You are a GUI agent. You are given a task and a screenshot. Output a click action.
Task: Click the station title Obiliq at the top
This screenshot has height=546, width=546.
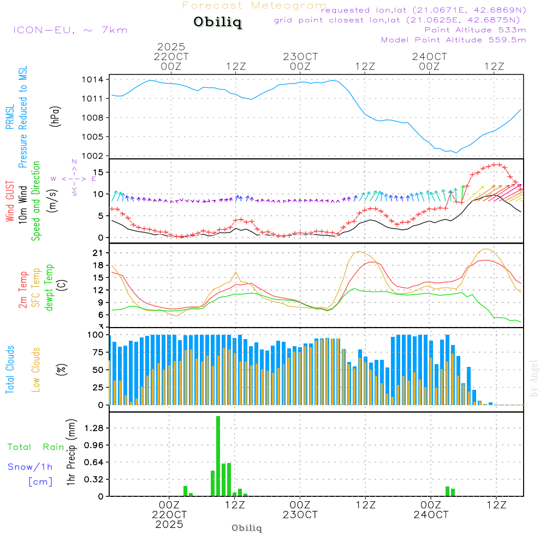click(217, 22)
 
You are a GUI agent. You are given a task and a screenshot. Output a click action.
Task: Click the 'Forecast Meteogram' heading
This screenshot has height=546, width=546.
click(254, 6)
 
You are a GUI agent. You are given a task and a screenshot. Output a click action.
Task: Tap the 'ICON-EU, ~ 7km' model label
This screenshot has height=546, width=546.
click(70, 30)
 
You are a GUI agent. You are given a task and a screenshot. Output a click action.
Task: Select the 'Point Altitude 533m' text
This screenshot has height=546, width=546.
click(475, 30)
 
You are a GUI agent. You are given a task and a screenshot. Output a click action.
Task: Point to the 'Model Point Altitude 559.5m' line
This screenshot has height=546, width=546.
click(453, 40)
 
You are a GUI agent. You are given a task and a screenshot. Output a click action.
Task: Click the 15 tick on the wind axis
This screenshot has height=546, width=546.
click(98, 173)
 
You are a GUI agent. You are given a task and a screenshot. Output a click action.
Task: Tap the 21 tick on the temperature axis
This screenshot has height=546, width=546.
click(98, 253)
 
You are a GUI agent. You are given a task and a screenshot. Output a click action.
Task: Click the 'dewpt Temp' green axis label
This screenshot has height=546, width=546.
click(50, 288)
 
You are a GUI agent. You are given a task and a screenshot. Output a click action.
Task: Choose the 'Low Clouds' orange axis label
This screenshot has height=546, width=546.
click(36, 370)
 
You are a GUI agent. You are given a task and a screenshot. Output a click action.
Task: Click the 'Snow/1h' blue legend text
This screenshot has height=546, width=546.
click(30, 467)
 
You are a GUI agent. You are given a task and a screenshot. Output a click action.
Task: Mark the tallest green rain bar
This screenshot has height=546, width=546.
click(218, 456)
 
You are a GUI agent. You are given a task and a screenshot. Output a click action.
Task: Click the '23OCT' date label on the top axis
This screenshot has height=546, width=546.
click(300, 57)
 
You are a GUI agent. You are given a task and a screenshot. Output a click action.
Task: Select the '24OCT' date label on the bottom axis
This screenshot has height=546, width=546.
click(430, 514)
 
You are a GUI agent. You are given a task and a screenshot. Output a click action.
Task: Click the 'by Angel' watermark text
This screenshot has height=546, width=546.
click(534, 378)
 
